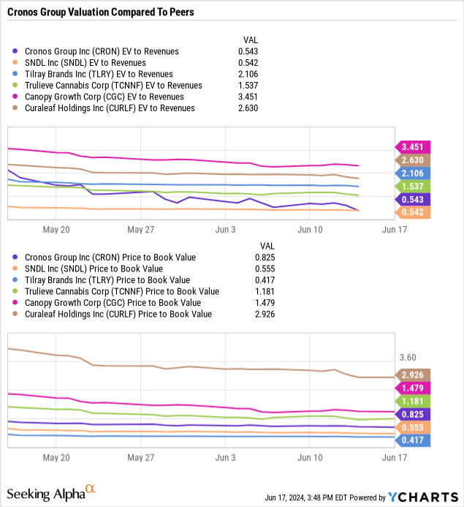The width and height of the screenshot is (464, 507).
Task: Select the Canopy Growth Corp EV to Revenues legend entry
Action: (x=104, y=97)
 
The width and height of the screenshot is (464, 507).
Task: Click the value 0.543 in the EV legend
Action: (x=248, y=51)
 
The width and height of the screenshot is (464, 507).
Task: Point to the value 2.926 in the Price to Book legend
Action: (x=265, y=314)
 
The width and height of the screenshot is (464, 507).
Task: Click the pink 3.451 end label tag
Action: (x=414, y=146)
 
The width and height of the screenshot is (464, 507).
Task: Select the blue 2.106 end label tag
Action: (x=414, y=173)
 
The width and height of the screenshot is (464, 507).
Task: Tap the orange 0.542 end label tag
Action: (x=414, y=212)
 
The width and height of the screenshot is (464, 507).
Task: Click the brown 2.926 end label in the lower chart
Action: (x=414, y=375)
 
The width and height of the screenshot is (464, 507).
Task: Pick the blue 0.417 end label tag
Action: (x=414, y=440)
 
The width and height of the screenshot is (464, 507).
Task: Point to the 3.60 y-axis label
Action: (x=408, y=357)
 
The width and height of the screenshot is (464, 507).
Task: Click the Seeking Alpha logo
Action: (x=50, y=494)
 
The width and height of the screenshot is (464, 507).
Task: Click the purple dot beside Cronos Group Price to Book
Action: (x=16, y=258)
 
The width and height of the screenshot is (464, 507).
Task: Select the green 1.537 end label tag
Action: (x=414, y=187)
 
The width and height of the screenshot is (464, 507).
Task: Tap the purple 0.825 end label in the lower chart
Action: (x=414, y=414)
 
